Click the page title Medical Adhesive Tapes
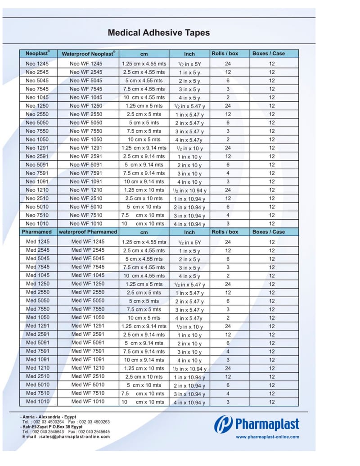158,33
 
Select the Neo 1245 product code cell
37,63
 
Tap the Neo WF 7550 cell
86,131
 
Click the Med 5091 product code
38,343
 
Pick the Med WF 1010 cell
88,402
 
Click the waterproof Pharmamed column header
88,232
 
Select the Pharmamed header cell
37,232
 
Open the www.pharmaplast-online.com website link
267,437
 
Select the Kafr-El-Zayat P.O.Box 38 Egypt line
52,427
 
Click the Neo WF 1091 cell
86,181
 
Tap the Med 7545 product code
38,267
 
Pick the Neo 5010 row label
37,207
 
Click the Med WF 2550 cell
88,292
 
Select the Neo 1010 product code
37,223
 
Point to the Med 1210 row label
38,368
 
